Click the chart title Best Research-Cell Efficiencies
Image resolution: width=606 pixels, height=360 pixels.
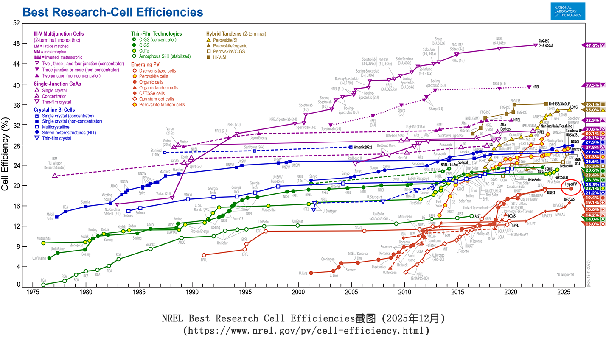tap(113, 12)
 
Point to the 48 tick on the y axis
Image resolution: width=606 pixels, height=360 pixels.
tap(17, 43)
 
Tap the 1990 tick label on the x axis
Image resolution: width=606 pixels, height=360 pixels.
tap(192, 292)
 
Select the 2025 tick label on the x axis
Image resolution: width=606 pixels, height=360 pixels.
tap(564, 292)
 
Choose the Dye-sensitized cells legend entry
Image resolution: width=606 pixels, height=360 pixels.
tap(157, 71)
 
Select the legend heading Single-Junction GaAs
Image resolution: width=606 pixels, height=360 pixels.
tap(57, 84)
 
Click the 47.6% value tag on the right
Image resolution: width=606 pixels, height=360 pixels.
tap(592, 45)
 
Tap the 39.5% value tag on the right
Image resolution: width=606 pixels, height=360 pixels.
tap(592, 85)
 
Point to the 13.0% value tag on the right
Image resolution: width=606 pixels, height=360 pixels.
tap(592, 224)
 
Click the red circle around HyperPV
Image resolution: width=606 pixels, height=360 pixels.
tap(571, 186)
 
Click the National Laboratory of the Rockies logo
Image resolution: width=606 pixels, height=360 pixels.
tap(568, 11)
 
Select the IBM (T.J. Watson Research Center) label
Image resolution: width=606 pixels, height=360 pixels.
tap(55, 163)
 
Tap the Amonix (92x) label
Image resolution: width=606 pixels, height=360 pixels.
tap(363, 147)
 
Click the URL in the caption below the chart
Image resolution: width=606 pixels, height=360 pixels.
tap(306, 330)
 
